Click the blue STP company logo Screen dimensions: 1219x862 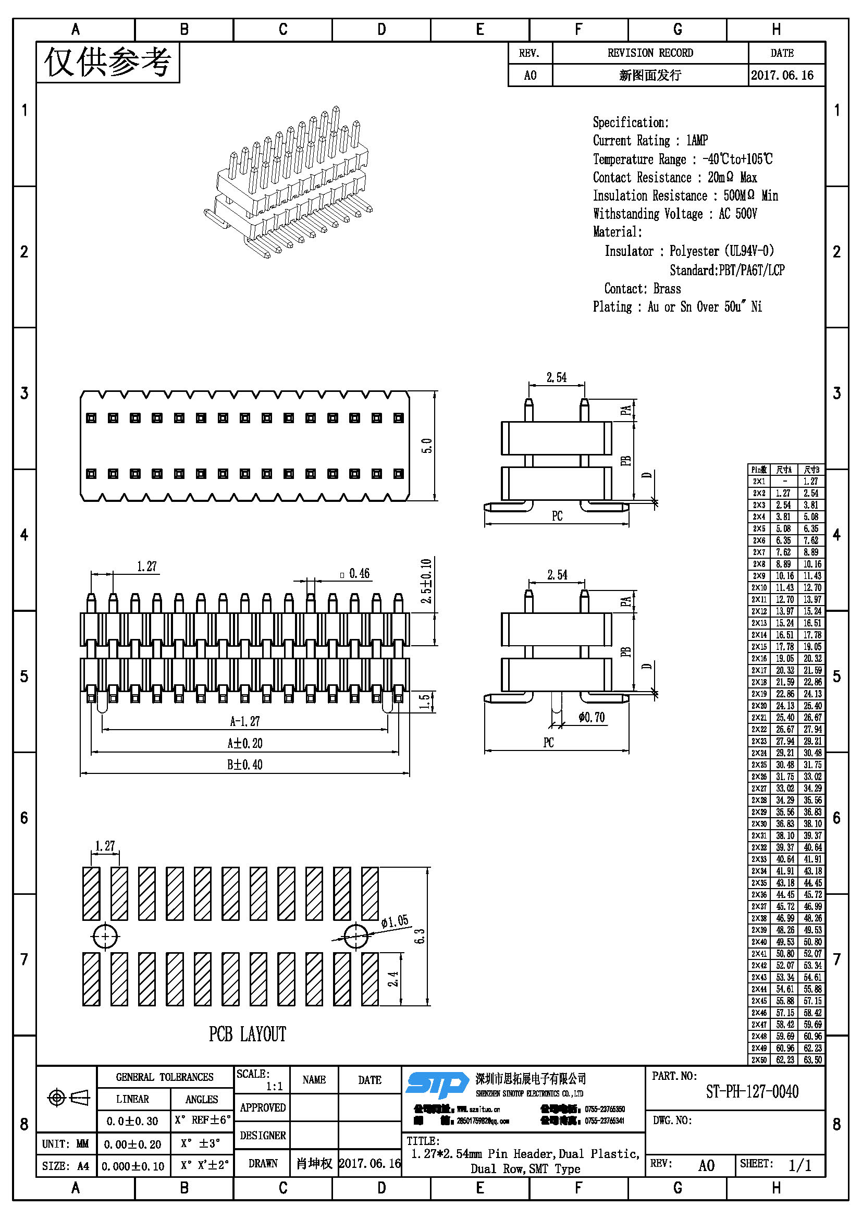[436, 1085]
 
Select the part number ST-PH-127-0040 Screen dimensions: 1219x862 [752, 1092]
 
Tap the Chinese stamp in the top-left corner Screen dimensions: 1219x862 [108, 63]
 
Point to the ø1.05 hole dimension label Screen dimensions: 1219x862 [395, 921]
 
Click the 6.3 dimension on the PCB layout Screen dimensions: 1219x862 [420, 935]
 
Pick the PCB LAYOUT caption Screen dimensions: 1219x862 [248, 1034]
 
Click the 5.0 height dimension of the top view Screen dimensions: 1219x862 [427, 446]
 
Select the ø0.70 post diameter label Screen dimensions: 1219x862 [592, 718]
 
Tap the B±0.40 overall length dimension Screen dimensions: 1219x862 [245, 765]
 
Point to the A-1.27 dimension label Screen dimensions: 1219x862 [245, 721]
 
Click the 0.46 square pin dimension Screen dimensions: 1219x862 [355, 574]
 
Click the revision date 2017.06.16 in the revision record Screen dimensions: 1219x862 [782, 76]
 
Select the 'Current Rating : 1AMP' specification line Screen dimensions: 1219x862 [650, 141]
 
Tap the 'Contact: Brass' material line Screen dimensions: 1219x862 [642, 289]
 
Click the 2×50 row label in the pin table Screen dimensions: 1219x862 [759, 1060]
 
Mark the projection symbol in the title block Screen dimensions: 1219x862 [68, 1098]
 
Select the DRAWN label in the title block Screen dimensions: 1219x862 [263, 1163]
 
